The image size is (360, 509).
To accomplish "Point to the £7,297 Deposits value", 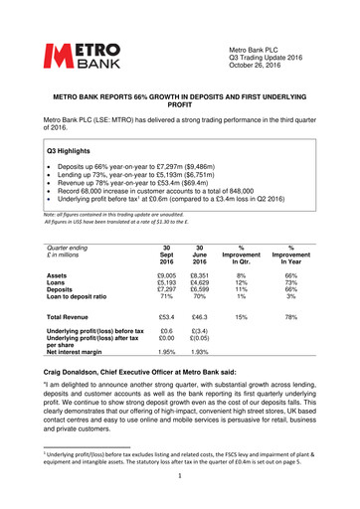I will click(168, 291).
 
